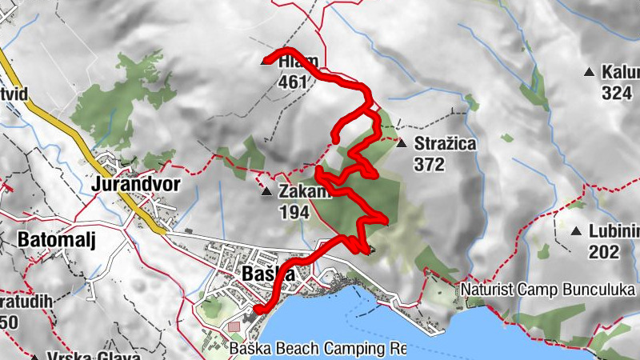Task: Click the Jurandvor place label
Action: click(x=136, y=184)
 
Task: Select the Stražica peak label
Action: click(x=446, y=145)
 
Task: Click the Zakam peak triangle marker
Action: click(x=266, y=192)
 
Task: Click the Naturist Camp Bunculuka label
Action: click(x=549, y=288)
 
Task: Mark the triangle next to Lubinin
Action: click(x=575, y=232)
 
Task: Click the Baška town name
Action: click(x=267, y=274)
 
